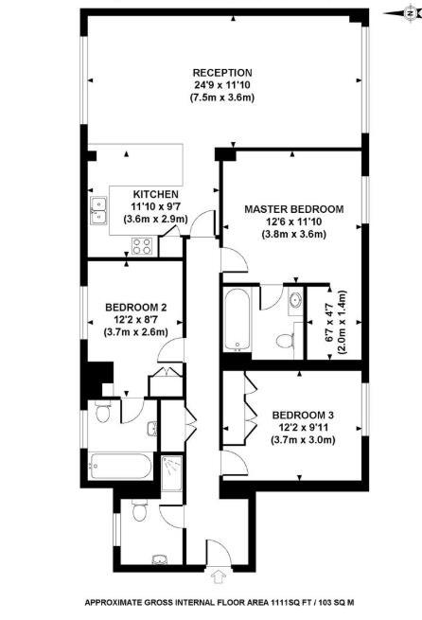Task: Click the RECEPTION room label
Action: [x=222, y=73]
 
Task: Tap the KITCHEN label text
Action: [x=156, y=195]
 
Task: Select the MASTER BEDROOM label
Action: [x=294, y=209]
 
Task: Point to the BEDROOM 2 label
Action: [x=136, y=308]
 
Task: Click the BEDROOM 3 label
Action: [x=303, y=416]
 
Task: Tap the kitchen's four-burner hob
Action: [x=142, y=246]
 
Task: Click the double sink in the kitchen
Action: [x=98, y=211]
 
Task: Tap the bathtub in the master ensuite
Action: [x=237, y=319]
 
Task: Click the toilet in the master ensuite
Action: [x=286, y=341]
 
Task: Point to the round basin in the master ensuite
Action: [x=295, y=300]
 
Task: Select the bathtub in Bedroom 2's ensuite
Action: [x=120, y=467]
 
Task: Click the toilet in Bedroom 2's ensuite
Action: [x=102, y=411]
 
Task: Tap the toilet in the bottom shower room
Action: [x=139, y=510]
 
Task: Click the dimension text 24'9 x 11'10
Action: [x=222, y=85]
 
